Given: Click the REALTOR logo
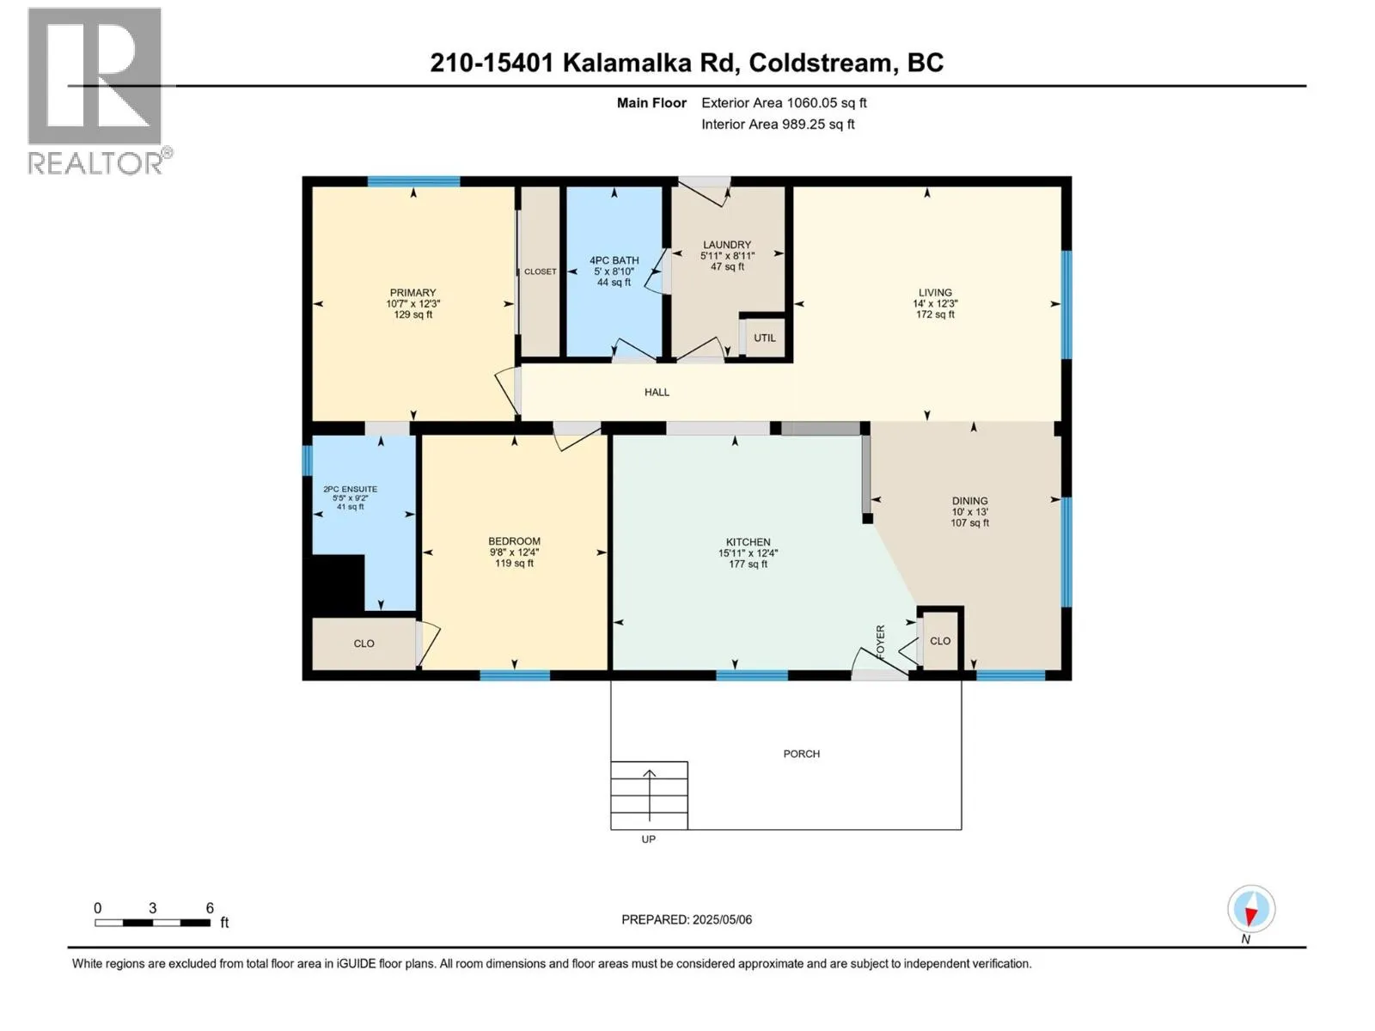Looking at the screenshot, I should click(96, 90).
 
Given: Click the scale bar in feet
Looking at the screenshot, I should click(153, 923).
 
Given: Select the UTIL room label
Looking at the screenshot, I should click(765, 338).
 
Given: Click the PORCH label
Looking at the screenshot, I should click(801, 753).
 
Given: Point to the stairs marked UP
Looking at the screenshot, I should click(649, 795).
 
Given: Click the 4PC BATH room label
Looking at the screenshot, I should click(614, 260).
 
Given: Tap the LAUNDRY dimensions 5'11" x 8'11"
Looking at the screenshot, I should click(727, 256).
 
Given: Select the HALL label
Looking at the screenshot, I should click(657, 392).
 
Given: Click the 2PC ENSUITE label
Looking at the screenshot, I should click(350, 489).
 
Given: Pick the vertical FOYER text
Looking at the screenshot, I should click(880, 641).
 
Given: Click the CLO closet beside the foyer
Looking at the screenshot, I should click(940, 641).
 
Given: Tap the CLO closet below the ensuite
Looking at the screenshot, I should click(364, 644).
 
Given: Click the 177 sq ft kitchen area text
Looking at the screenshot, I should click(748, 564).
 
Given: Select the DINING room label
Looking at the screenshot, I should click(969, 500).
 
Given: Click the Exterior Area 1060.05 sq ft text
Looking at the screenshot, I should click(784, 102).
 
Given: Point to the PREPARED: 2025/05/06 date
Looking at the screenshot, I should click(687, 919).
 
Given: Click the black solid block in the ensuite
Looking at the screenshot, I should click(337, 584).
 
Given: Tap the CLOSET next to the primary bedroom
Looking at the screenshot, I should click(541, 271).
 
